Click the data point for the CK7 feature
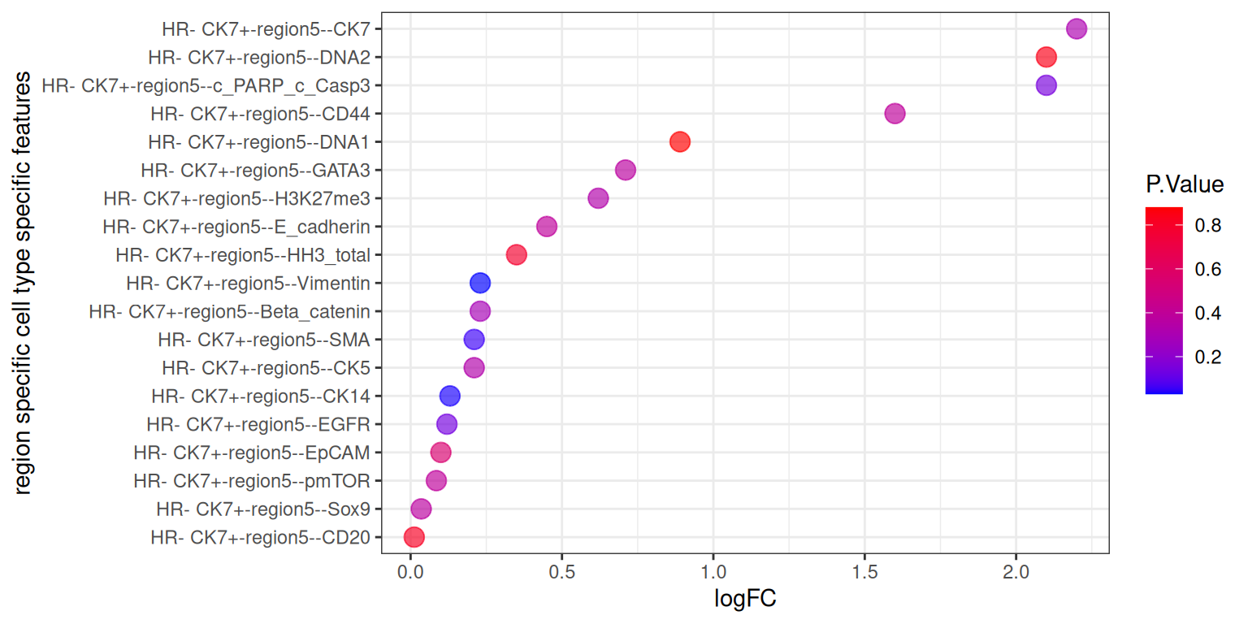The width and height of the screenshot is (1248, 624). (x=1076, y=29)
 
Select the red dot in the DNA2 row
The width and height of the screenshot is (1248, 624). (x=1046, y=58)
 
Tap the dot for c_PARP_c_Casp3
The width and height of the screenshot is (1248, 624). (x=1046, y=85)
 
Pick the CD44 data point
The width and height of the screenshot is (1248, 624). (x=895, y=114)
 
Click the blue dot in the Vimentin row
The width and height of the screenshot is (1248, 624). (x=480, y=283)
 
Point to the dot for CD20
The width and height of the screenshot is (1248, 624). (x=414, y=537)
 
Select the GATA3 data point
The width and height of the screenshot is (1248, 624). (x=625, y=170)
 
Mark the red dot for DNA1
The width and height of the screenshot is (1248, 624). (x=680, y=142)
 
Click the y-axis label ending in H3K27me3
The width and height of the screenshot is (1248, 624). (x=237, y=198)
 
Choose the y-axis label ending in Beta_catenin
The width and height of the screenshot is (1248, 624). (x=230, y=311)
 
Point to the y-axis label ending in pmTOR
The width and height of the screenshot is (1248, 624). (x=252, y=481)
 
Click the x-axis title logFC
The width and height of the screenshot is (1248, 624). (x=745, y=600)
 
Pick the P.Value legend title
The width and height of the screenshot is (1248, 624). (x=1184, y=185)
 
